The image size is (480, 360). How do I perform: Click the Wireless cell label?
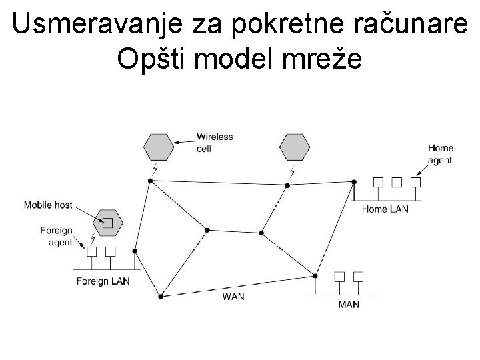[x=214, y=143]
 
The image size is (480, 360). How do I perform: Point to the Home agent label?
[x=440, y=154]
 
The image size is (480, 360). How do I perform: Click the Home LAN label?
[x=385, y=209]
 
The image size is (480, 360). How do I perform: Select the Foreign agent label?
[x=56, y=237]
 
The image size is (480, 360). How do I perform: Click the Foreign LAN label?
[x=103, y=281]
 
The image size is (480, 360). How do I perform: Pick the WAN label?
[x=233, y=296]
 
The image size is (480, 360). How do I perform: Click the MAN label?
[x=349, y=304]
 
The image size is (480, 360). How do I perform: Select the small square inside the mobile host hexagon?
[x=107, y=222]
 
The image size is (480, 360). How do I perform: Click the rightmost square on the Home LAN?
[x=416, y=182]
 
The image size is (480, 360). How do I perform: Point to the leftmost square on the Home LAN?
[x=378, y=182]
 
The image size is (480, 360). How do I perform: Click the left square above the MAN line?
[x=339, y=276]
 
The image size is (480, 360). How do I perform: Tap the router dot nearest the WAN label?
[x=161, y=296]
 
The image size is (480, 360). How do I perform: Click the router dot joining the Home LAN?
[x=354, y=181]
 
